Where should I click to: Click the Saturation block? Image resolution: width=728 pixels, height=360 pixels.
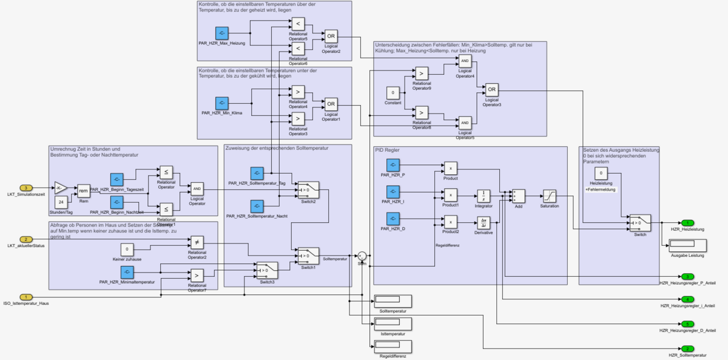click(549, 196)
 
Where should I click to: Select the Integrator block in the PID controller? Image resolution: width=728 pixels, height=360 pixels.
click(484, 196)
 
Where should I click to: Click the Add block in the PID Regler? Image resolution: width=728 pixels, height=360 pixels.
click(518, 196)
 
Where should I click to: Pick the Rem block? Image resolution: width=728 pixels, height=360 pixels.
click(84, 191)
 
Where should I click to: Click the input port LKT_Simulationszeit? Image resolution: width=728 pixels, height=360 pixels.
click(26, 188)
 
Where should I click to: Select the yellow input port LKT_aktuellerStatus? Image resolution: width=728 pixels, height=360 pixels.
click(26, 239)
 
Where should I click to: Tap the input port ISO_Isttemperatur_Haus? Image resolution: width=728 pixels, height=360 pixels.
click(26, 296)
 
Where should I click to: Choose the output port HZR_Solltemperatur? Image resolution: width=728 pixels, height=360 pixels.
click(687, 348)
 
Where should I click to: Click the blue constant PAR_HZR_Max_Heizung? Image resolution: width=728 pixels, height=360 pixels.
click(221, 33)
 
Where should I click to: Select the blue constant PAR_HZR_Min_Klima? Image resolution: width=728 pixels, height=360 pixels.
click(221, 103)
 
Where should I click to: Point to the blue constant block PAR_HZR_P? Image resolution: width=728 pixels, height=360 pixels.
click(393, 165)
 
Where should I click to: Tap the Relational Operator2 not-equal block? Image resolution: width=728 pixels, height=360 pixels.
click(197, 242)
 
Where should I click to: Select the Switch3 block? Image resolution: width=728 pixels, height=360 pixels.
click(267, 268)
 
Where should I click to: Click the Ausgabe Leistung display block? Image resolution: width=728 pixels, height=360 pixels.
click(687, 245)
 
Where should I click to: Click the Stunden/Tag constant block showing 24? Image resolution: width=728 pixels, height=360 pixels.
click(61, 202)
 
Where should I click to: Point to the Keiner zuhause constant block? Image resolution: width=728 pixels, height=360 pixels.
click(126, 249)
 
